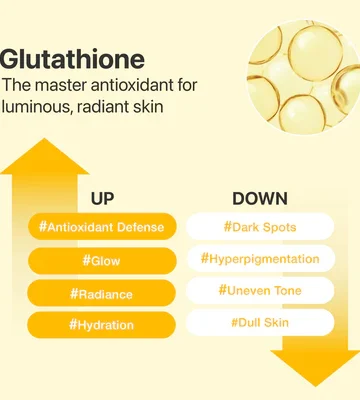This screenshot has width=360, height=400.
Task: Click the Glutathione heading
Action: click(x=72, y=60)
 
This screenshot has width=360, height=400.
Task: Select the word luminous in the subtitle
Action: click(x=35, y=107)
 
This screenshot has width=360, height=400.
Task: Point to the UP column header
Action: click(x=102, y=199)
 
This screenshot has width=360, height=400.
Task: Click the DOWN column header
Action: click(x=260, y=199)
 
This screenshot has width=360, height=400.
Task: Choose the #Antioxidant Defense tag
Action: click(x=102, y=227)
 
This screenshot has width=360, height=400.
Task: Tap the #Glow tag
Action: click(x=102, y=261)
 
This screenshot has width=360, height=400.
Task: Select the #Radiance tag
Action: click(x=102, y=293)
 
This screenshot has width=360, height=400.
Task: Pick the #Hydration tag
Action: click(x=101, y=325)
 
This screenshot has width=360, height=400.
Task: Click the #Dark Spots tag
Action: click(x=260, y=227)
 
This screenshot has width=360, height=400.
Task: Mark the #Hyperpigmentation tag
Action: click(x=260, y=259)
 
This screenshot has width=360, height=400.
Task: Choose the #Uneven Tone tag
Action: click(x=260, y=290)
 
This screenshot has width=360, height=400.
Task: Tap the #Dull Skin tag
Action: click(x=260, y=322)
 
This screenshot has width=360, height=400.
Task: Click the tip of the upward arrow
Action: click(x=44, y=139)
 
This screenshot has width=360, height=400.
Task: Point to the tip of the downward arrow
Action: click(x=315, y=386)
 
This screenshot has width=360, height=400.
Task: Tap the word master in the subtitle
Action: click(x=61, y=85)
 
